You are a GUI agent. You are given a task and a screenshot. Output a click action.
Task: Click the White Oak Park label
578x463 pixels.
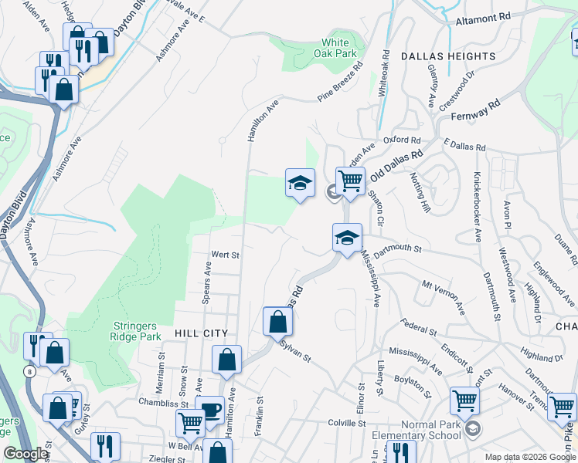[340, 48]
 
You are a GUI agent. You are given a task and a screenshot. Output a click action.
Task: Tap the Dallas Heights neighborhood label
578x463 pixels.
[448, 56]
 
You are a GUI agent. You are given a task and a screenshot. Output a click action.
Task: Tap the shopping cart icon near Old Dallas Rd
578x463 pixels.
[350, 181]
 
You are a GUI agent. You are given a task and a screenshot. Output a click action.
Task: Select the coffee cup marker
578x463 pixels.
[209, 410]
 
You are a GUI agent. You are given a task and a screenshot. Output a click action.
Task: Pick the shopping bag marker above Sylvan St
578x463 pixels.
[277, 322]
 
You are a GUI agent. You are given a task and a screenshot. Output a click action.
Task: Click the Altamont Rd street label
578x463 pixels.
[484, 15]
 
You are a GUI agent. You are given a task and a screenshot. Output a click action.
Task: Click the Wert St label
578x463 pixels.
[226, 254]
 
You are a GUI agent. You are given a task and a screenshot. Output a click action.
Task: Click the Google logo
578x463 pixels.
[25, 453]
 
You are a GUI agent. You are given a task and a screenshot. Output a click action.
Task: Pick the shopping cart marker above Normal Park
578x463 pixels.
[464, 401]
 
